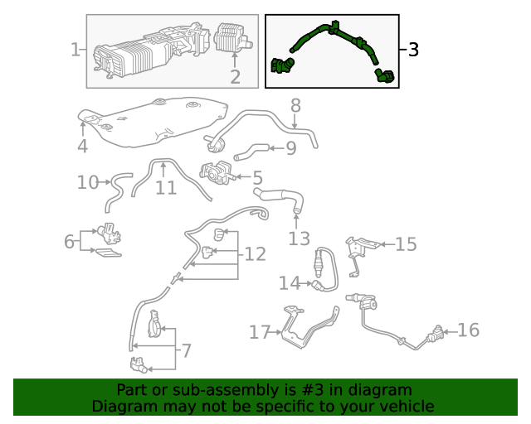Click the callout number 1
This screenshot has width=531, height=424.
point(75,51)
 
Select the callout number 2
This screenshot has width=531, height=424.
point(235,77)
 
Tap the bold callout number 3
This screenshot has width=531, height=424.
point(412,50)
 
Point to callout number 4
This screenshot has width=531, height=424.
point(82,147)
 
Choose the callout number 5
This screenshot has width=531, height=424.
point(257,176)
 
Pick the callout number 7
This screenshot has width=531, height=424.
point(186,350)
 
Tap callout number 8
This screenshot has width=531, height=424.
point(295,105)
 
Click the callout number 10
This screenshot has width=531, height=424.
point(87,182)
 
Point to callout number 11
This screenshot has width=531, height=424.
point(166,188)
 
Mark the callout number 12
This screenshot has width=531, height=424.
point(256,253)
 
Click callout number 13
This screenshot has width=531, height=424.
point(299,239)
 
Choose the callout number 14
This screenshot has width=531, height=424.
point(288,283)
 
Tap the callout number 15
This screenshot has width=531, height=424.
point(406,243)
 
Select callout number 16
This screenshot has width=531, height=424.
point(468,330)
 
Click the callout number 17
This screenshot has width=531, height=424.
point(260,332)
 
